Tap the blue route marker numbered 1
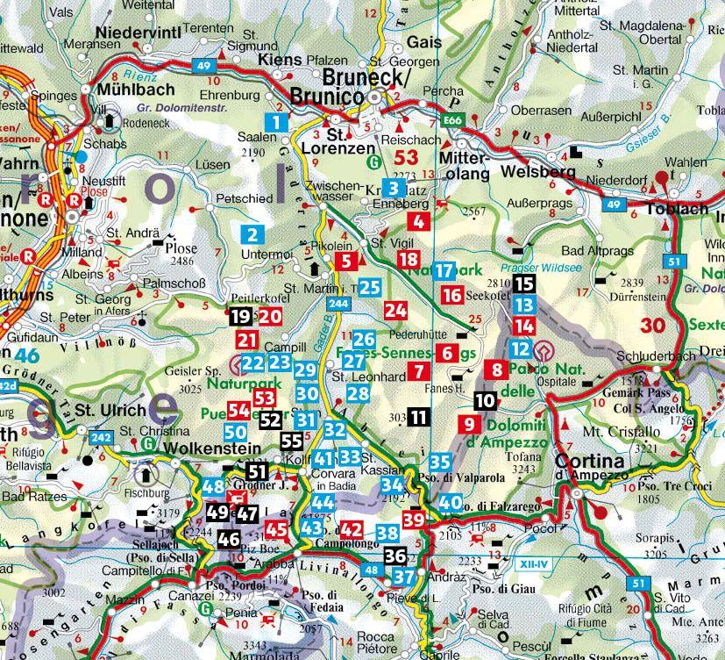pyautogui.click(x=277, y=123)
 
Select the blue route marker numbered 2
pyautogui.click(x=252, y=234)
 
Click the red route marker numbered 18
pyautogui.click(x=408, y=259)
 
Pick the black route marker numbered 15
pyautogui.click(x=523, y=283)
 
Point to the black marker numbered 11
pyautogui.click(x=419, y=417)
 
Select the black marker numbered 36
pyautogui.click(x=395, y=556)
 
